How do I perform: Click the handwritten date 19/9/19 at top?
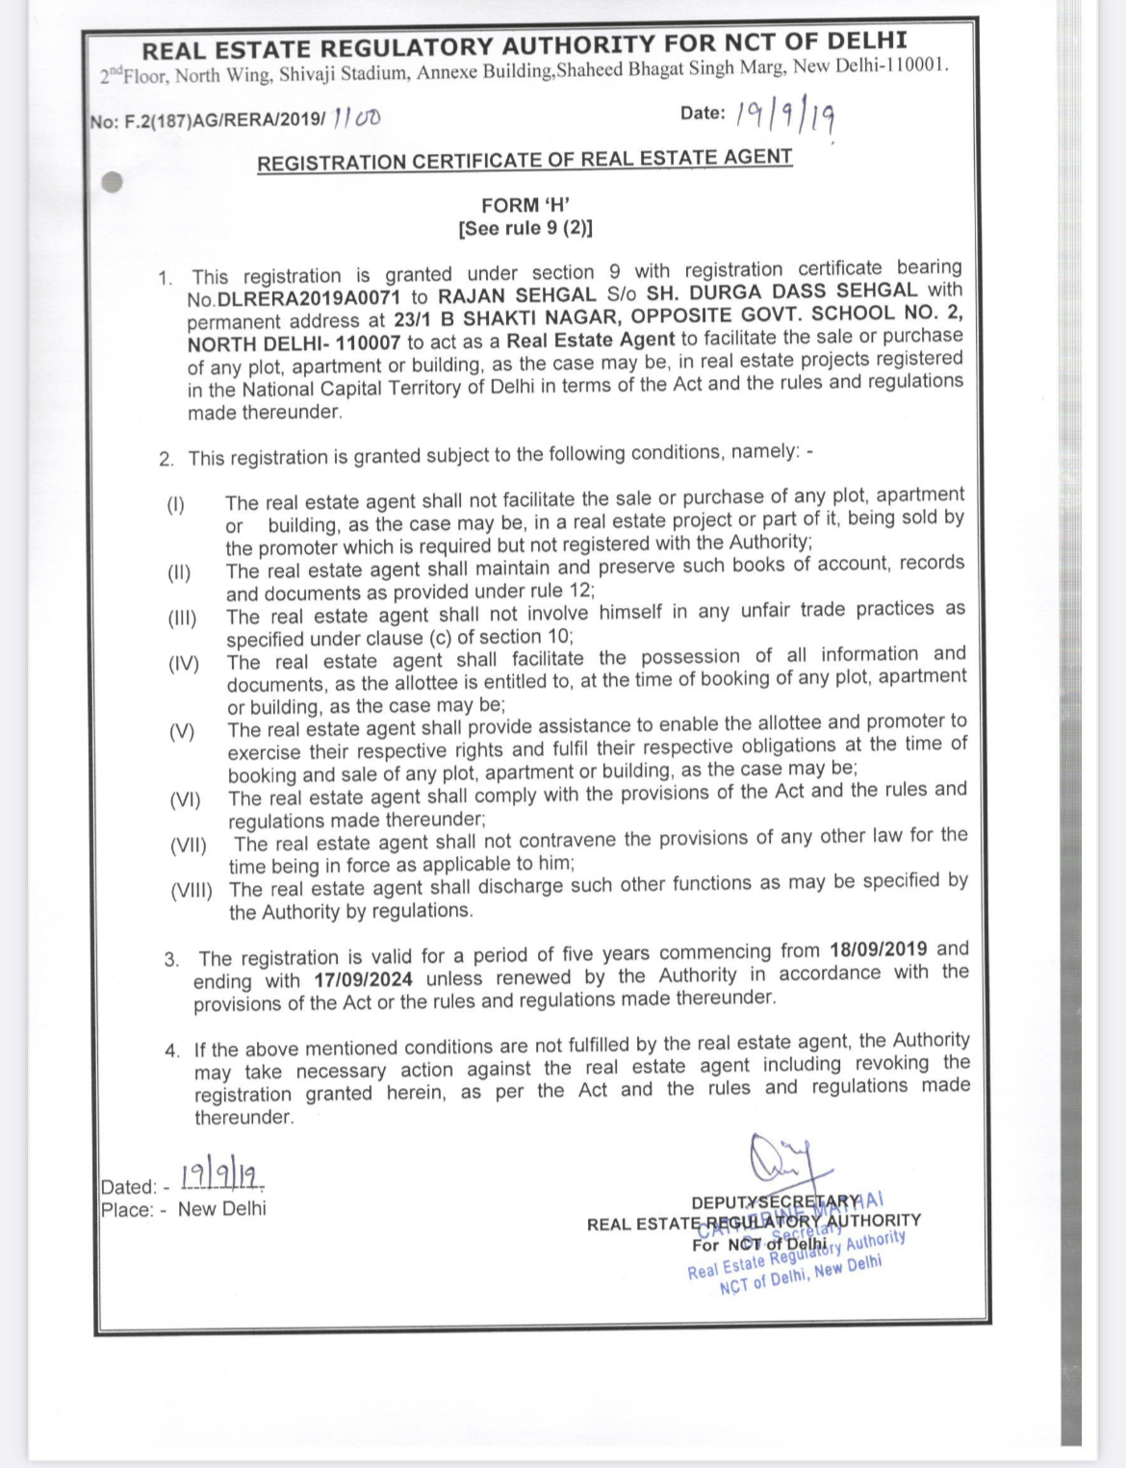(784, 115)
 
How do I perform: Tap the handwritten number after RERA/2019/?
(355, 118)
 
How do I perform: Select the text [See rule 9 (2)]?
(525, 229)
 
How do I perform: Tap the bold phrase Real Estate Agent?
(591, 340)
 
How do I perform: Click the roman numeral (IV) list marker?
(184, 664)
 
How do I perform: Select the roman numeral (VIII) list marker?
(192, 891)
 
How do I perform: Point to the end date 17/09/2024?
(363, 979)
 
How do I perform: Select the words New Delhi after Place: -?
(222, 1209)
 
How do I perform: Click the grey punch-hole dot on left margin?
(112, 182)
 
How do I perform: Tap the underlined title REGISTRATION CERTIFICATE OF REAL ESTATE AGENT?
(525, 160)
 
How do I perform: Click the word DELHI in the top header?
(864, 41)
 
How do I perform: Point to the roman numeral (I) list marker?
(175, 504)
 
